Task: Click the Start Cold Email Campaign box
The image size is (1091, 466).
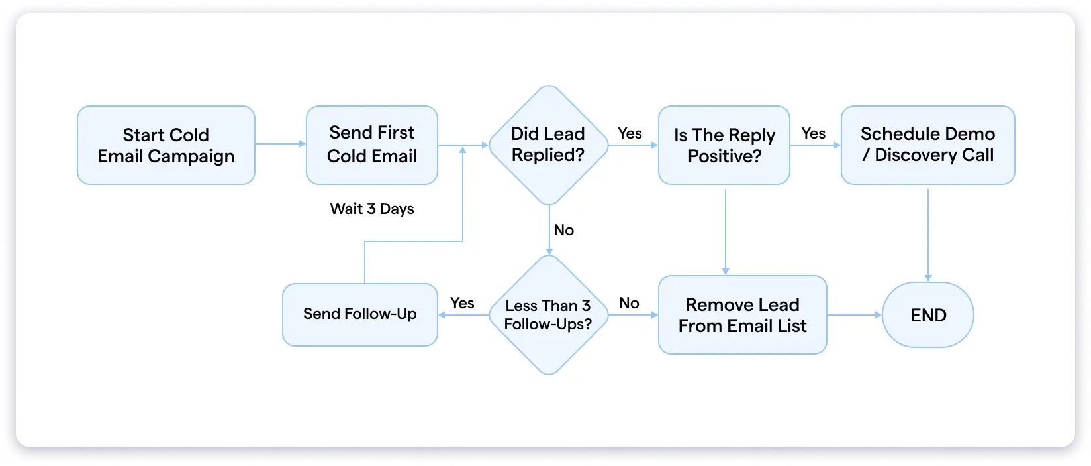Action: [x=166, y=145]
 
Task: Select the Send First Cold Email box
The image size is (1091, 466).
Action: [x=371, y=145]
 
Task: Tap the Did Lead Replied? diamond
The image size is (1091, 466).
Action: [x=548, y=145]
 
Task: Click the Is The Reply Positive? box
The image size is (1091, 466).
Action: [x=724, y=145]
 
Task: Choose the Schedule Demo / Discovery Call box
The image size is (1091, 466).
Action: [x=927, y=145]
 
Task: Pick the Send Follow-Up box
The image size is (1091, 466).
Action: [x=359, y=314]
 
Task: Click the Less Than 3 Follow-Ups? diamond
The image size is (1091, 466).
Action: [x=548, y=315]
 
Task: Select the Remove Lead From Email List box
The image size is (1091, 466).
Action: [x=742, y=315]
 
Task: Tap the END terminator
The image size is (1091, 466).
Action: [x=928, y=315]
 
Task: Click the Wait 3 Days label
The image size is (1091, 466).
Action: [x=371, y=209]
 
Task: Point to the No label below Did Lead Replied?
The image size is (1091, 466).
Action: [x=563, y=230]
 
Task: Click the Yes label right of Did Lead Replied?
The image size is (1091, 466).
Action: [x=630, y=133]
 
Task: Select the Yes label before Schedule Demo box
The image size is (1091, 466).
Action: [x=813, y=133]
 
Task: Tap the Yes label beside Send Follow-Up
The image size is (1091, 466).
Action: [x=462, y=303]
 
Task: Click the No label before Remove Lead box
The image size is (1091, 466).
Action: [x=629, y=303]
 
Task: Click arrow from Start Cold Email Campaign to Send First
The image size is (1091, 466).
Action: [x=280, y=144]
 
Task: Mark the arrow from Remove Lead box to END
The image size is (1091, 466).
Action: [x=854, y=315]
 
